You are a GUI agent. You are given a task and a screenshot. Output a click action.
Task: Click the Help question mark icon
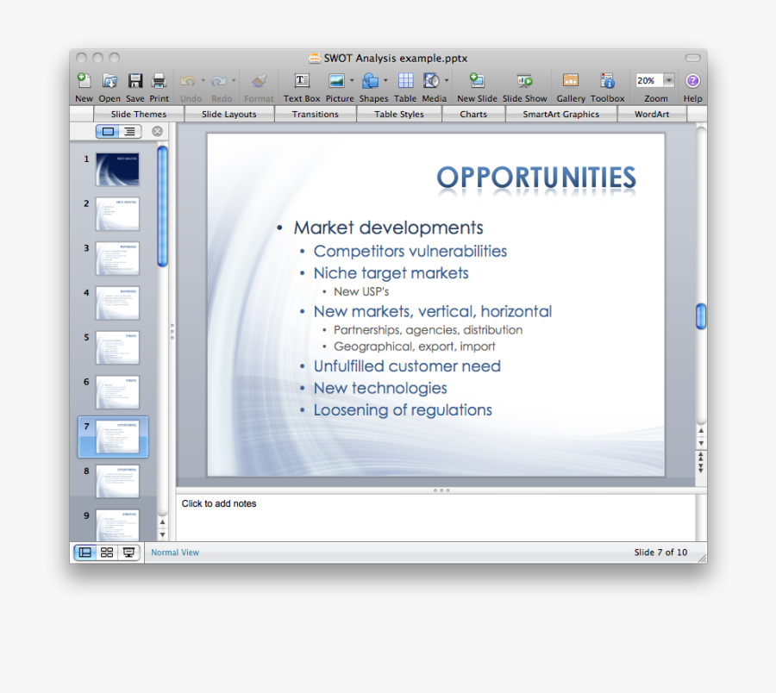pos(692,81)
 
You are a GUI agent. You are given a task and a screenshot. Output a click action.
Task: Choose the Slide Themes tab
pos(138,114)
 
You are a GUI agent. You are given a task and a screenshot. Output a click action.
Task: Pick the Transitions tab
pos(315,114)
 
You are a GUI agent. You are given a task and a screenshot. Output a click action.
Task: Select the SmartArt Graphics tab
pos(560,114)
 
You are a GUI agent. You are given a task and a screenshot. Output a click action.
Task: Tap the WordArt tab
pos(651,114)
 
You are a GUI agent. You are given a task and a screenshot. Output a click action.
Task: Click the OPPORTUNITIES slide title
pos(535,178)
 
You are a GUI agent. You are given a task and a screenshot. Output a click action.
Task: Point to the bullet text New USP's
pos(361,292)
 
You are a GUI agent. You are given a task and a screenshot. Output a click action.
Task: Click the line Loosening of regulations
pos(403,410)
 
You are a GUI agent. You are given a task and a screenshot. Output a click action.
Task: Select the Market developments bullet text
pos(388,228)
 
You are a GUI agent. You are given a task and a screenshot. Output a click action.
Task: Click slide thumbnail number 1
pos(117,169)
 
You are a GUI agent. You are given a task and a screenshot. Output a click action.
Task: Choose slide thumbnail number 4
pos(117,303)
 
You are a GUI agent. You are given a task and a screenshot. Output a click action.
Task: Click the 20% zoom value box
pos(648,81)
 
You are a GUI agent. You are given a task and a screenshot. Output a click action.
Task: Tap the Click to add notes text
pos(219,504)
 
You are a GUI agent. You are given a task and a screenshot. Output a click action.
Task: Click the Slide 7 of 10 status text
pos(660,553)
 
